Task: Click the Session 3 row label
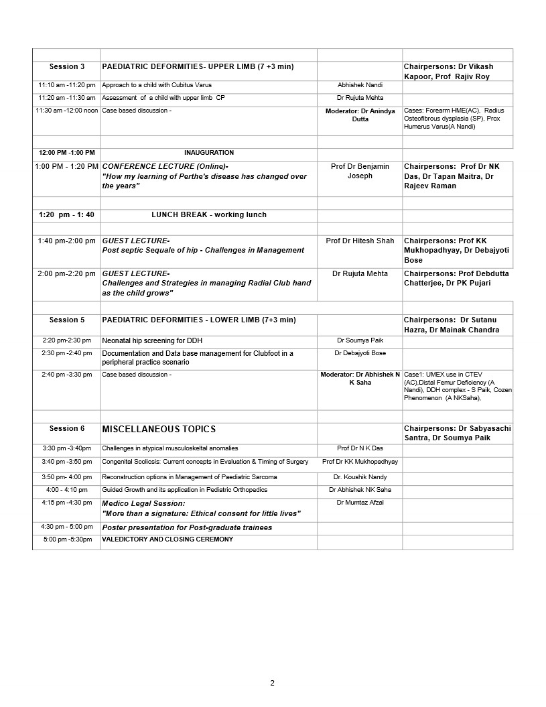click(67, 67)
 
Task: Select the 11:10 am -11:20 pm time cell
click(66, 86)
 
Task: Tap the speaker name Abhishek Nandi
click(360, 86)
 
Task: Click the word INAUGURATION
click(209, 153)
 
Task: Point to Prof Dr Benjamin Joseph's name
click(360, 171)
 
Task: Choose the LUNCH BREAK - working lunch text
click(209, 215)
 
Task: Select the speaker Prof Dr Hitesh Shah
click(360, 241)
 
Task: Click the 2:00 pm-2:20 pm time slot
click(66, 273)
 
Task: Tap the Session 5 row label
click(67, 320)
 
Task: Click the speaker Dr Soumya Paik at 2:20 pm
click(360, 340)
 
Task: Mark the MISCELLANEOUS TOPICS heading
click(159, 429)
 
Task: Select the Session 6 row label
click(67, 429)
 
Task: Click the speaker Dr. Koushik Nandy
click(360, 477)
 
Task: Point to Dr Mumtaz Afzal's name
click(360, 503)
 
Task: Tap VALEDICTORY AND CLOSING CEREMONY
click(167, 539)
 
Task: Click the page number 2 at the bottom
click(272, 684)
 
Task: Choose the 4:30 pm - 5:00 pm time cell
click(66, 527)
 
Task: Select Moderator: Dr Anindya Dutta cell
click(360, 115)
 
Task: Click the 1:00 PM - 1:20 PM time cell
click(66, 166)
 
